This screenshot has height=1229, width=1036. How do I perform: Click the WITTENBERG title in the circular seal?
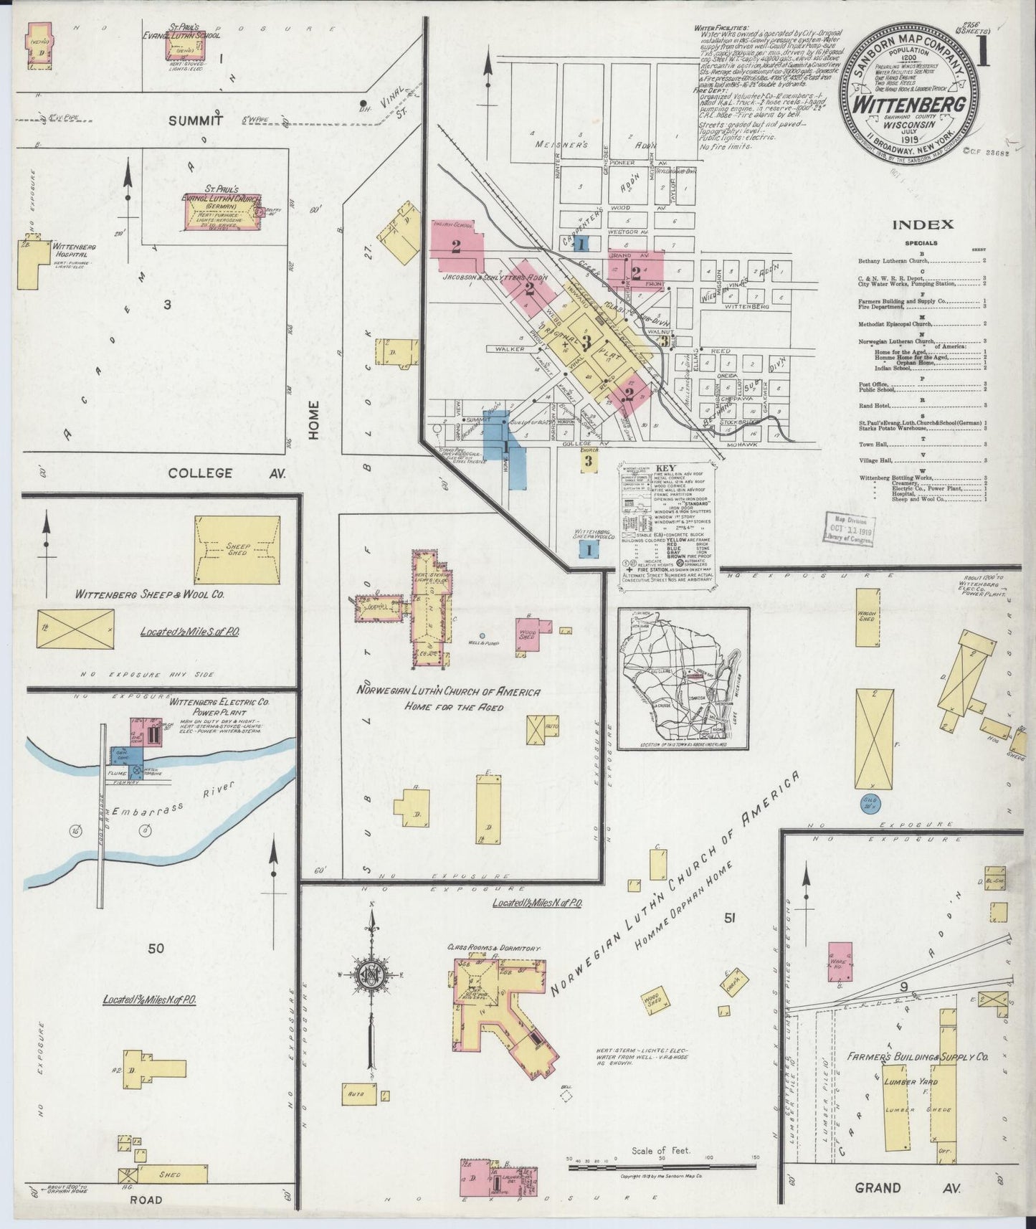[909, 105]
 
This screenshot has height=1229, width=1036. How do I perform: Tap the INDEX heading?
[922, 224]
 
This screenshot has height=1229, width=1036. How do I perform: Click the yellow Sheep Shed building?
[237, 549]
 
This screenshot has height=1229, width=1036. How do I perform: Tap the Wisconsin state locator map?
[683, 678]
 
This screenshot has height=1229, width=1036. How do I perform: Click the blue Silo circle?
[870, 803]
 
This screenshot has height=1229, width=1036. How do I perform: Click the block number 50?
[156, 949]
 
